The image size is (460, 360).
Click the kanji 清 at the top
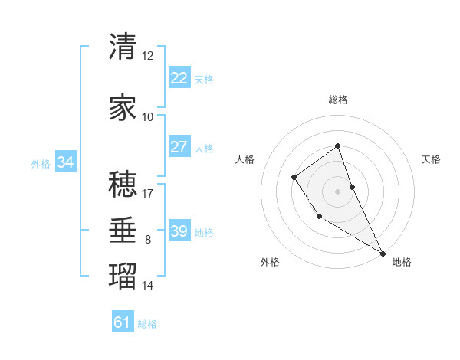[123, 47]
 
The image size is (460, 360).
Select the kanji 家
[123, 108]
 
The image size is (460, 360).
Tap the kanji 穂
[123, 185]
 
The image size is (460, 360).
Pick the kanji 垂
[123, 231]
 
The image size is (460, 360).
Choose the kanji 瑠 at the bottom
[123, 277]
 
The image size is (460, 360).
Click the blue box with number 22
[179, 77]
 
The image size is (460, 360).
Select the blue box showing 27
[179, 147]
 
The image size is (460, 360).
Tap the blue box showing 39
[179, 231]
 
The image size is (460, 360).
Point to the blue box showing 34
[65, 162]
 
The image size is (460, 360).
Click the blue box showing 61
[122, 322]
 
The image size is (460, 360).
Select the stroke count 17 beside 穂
[148, 193]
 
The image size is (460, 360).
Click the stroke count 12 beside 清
[148, 55]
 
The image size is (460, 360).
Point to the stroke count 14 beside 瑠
[148, 286]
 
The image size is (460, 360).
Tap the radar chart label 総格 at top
[338, 100]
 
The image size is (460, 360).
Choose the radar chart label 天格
[431, 159]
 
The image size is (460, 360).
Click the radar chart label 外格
[270, 262]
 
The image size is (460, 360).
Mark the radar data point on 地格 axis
[383, 253]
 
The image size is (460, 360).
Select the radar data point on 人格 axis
[294, 178]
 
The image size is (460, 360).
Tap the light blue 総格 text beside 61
[147, 324]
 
